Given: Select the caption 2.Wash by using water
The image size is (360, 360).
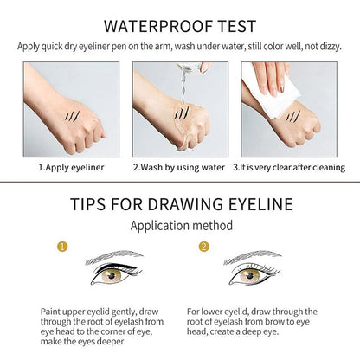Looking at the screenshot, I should coord(179,162).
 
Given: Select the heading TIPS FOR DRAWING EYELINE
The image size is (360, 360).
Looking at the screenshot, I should coord(180,205).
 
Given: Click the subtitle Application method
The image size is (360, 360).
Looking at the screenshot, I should coord(179,225).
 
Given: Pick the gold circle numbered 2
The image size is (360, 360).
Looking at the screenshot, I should coord(205,247).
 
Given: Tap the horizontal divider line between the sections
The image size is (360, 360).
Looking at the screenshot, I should coord(180,183).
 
